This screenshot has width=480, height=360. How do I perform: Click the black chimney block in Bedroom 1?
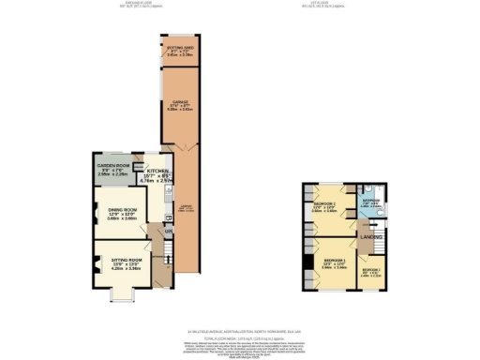[x=306, y=272]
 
